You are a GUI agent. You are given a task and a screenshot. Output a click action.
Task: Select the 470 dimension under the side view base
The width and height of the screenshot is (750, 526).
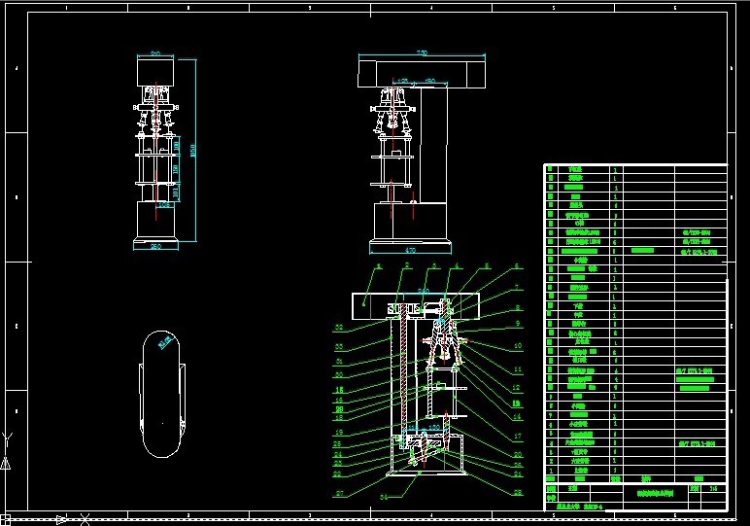(409, 251)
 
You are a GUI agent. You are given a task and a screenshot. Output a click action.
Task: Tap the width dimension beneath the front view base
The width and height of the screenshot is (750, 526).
(154, 247)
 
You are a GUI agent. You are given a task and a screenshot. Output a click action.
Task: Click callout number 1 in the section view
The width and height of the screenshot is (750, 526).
(379, 265)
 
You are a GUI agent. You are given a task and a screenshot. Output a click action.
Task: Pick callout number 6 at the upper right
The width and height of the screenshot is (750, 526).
(517, 265)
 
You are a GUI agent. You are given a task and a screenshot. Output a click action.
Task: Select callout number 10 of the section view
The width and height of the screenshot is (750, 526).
(518, 345)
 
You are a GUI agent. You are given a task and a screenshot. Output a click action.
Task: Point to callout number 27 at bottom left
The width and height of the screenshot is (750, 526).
(338, 493)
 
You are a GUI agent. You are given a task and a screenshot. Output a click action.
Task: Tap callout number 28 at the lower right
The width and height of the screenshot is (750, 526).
(518, 492)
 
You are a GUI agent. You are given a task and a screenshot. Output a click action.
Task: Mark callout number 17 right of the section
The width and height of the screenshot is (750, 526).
(518, 437)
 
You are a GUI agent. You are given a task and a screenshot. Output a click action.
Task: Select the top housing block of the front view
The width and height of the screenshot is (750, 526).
(154, 70)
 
